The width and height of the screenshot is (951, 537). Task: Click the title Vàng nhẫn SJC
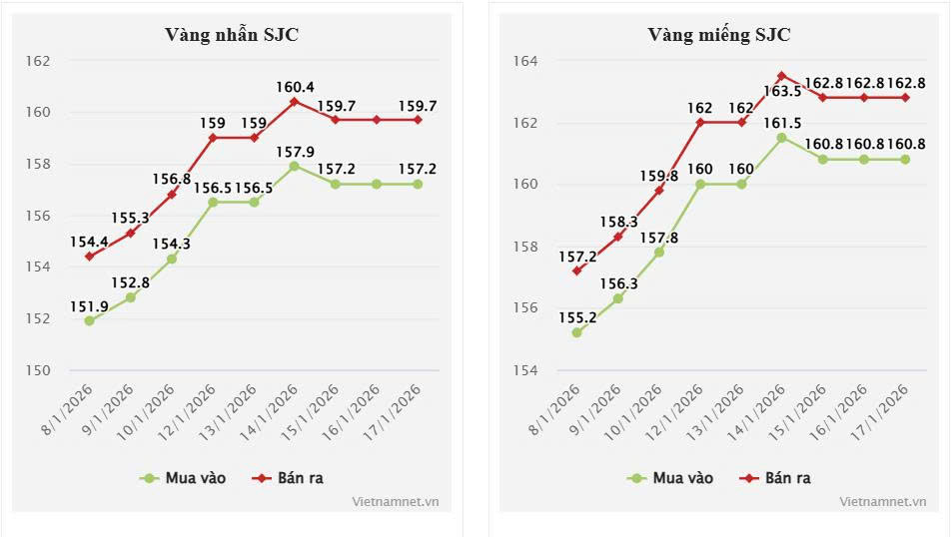(232, 35)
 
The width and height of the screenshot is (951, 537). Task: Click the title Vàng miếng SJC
(719, 35)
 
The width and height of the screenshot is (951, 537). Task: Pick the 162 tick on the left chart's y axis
(39, 61)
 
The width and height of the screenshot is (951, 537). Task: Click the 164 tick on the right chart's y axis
(525, 61)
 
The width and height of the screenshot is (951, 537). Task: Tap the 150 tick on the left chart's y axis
(39, 370)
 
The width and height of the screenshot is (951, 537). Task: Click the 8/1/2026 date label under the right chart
(559, 403)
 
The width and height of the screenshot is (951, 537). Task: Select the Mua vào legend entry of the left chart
(184, 478)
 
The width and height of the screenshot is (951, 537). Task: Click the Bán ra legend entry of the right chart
(775, 478)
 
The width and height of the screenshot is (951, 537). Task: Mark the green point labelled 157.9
(294, 166)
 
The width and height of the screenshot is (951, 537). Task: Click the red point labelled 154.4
(90, 257)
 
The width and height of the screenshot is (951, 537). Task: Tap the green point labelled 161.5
(781, 138)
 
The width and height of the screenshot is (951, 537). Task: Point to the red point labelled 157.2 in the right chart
(577, 270)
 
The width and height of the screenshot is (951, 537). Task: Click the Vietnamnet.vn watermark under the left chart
(396, 502)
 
